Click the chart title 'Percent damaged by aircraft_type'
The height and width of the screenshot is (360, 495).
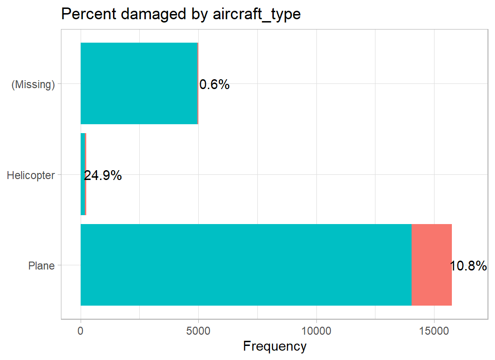tap(180, 14)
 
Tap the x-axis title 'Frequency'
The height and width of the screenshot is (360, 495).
tap(275, 346)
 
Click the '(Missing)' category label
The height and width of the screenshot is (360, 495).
tap(33, 85)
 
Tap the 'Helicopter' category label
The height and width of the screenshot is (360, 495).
tap(31, 175)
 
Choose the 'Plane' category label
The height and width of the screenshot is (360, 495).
tap(41, 266)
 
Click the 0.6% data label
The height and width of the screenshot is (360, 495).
tap(214, 85)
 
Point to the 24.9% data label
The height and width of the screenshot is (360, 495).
tap(103, 175)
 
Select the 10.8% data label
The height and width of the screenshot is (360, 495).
tap(468, 266)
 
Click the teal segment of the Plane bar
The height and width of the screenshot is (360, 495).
tap(246, 265)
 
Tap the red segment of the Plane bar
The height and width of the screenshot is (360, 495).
tap(431, 265)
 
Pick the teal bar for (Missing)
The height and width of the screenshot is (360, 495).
tap(139, 83)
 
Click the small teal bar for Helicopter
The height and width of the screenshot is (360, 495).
tap(83, 174)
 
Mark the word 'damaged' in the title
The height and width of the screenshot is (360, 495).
tap(148, 14)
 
